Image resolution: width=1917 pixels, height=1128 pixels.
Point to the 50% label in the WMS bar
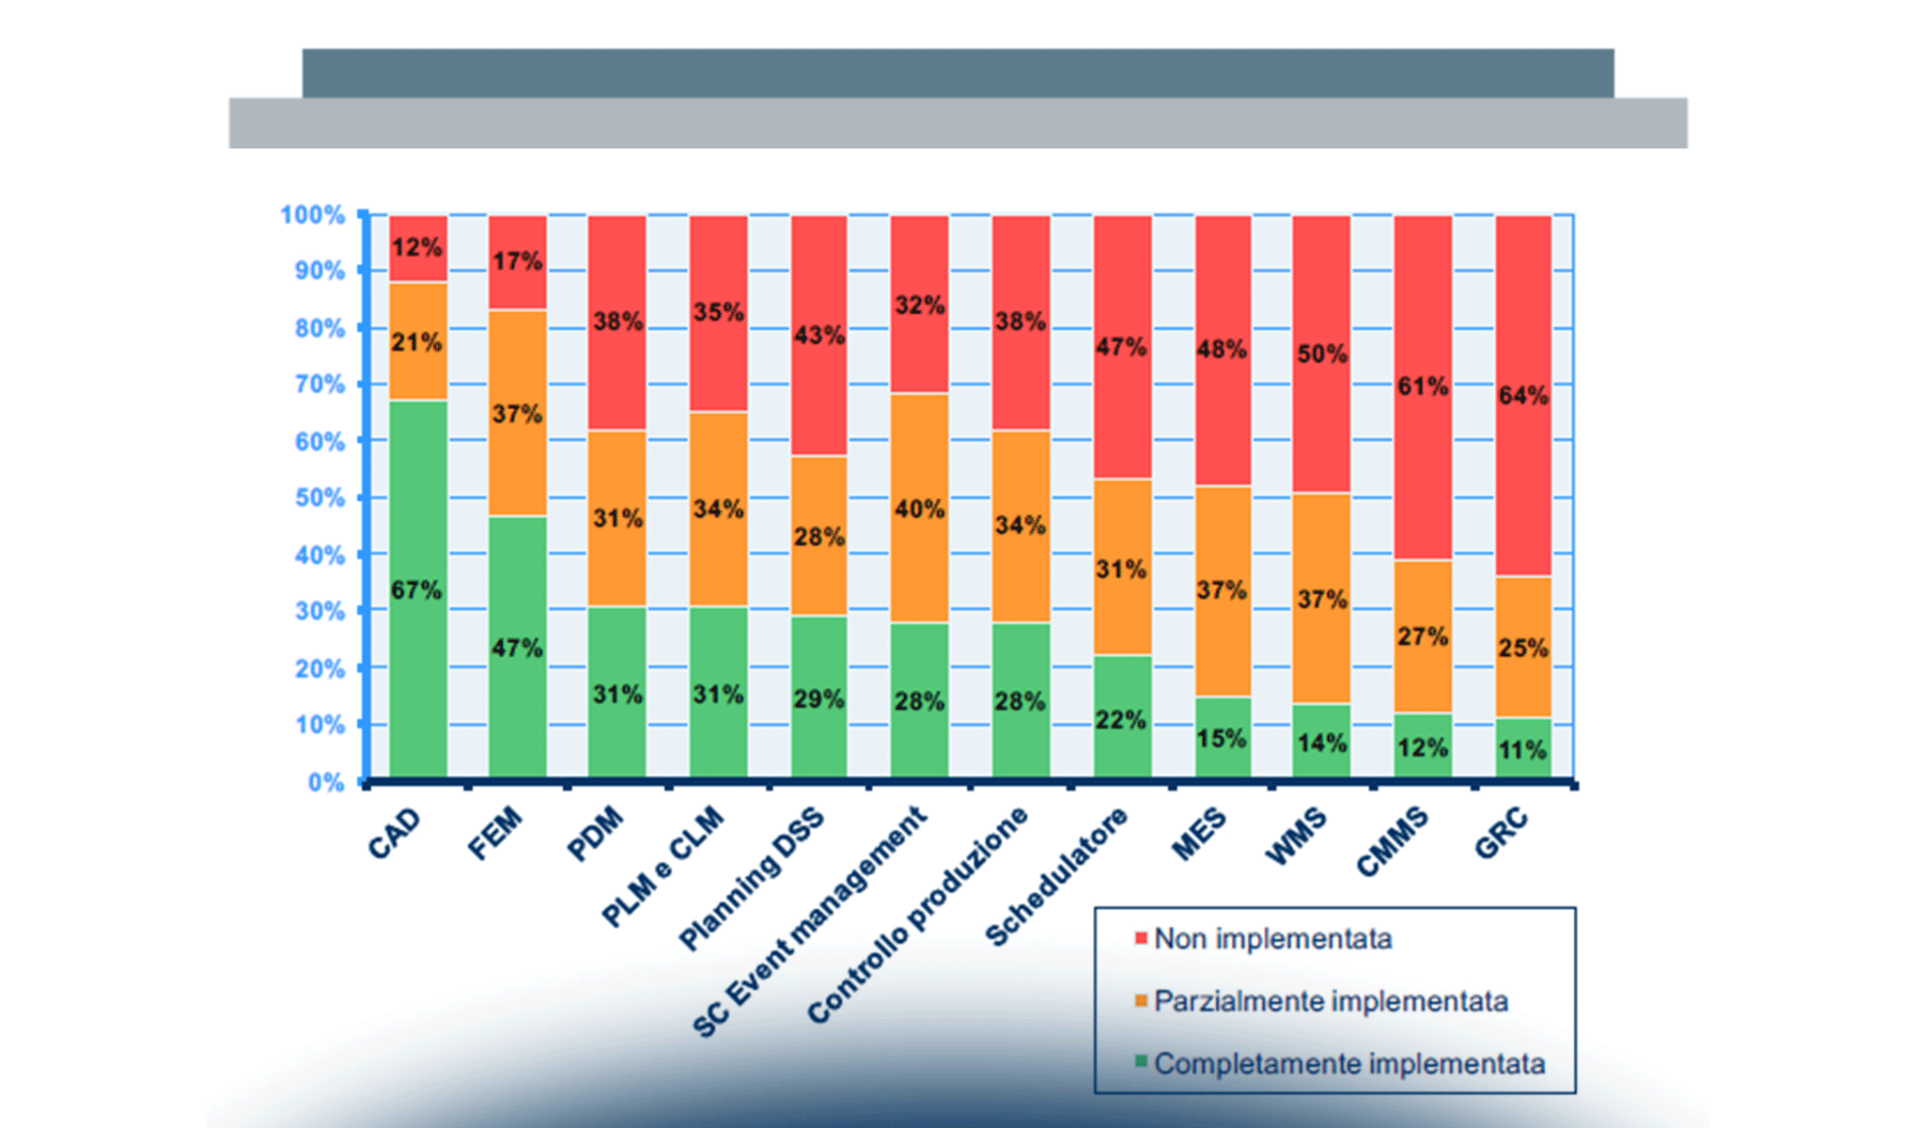(1322, 354)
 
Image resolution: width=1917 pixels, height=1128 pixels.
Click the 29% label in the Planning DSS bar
(818, 699)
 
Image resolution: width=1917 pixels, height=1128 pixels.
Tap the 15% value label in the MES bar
(1222, 739)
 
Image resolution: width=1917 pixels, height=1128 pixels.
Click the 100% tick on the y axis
(313, 215)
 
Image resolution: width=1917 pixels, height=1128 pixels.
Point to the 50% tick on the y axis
(319, 498)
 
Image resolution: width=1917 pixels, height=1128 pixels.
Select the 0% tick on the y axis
(326, 783)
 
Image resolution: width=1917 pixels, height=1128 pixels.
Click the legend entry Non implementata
(1272, 939)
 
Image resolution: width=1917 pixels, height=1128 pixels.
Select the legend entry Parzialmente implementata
(1331, 1001)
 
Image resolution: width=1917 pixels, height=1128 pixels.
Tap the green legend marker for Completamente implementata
(1142, 1062)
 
